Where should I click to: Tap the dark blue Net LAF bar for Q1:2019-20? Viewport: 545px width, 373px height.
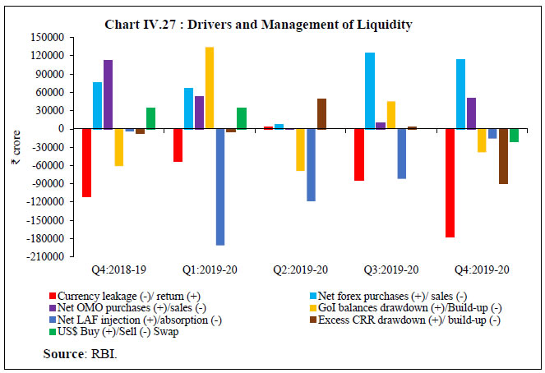(x=220, y=187)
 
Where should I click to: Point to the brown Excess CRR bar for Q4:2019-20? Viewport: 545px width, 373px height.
(x=503, y=156)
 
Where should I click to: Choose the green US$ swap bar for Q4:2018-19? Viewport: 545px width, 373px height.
(x=150, y=118)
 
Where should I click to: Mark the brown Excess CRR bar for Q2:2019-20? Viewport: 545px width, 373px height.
(x=321, y=114)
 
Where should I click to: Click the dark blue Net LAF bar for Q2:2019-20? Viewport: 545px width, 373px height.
(x=311, y=165)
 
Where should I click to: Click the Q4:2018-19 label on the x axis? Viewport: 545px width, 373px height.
(x=118, y=269)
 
